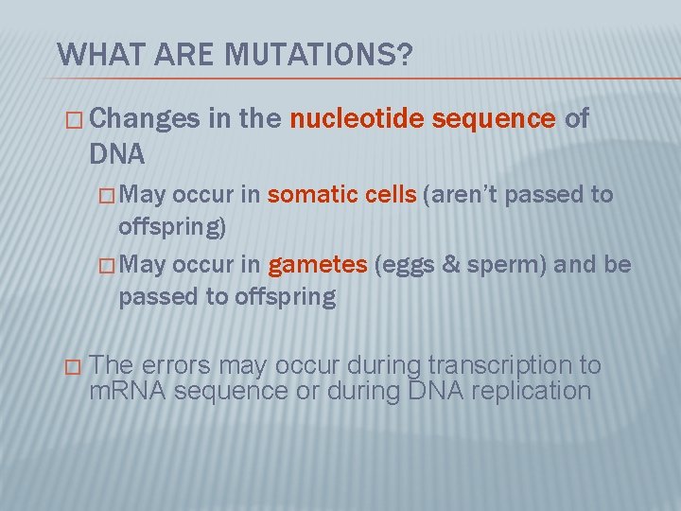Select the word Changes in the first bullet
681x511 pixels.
pos(147,118)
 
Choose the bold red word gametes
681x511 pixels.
pos(317,265)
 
